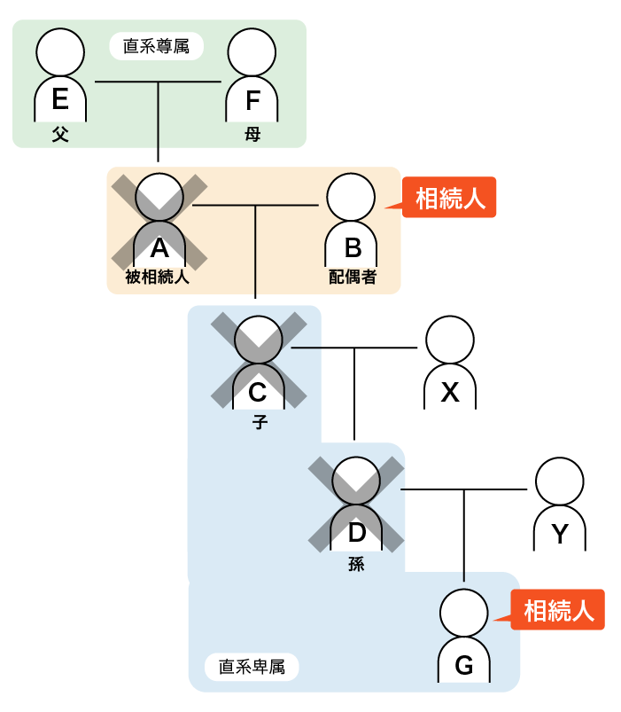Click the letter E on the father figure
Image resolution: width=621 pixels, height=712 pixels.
pos(60,99)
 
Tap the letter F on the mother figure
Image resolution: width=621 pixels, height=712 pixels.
pos(253,100)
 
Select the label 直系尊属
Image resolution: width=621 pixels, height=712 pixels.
pos(157,46)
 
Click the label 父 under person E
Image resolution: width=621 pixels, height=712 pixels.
pos(60,134)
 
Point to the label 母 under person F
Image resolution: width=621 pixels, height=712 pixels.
pos(253,134)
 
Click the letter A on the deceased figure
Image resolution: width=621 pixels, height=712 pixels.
pos(159,247)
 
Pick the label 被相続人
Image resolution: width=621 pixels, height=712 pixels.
pos(158,277)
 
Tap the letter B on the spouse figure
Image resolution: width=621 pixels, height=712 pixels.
pos(352,247)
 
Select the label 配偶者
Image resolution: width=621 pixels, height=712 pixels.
pos(352,277)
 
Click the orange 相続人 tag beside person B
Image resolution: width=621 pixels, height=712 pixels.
pos(450,199)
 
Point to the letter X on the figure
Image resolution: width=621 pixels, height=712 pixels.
pos(451,391)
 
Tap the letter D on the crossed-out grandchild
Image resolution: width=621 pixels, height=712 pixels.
pos(356,532)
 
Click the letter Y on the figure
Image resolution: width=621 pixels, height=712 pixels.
pos(559,533)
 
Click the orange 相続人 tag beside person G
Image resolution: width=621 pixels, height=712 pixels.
pos(558,610)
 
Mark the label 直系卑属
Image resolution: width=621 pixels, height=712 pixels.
pos(252,666)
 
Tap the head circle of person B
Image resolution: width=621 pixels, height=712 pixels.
pos(352,197)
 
